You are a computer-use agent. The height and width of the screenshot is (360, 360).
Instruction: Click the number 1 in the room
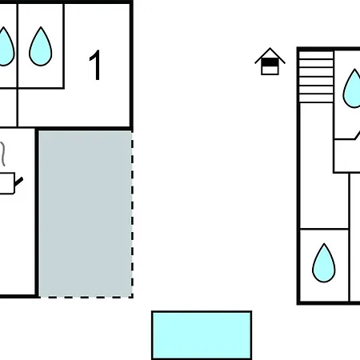(x=95, y=65)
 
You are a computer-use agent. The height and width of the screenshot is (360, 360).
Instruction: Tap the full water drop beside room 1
(x=41, y=46)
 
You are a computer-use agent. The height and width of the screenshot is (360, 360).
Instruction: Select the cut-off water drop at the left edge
(x=6, y=46)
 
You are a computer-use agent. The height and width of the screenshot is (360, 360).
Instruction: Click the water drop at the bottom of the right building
(x=324, y=263)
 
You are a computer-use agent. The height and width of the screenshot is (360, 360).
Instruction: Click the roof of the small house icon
(x=270, y=55)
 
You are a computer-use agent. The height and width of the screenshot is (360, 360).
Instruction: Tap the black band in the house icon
(x=270, y=62)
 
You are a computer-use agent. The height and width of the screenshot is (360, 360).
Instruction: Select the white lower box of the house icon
(x=270, y=70)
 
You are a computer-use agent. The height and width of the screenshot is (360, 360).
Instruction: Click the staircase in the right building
(x=316, y=77)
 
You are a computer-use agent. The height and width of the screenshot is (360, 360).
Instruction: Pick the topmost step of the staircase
(x=316, y=54)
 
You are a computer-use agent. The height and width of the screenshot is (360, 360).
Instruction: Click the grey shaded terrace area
(x=86, y=214)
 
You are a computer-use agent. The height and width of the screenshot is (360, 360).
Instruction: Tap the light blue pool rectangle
(x=202, y=335)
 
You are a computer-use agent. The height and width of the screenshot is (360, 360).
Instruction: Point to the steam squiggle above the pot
(x=2, y=154)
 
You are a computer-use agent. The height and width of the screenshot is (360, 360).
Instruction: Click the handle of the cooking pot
(x=18, y=182)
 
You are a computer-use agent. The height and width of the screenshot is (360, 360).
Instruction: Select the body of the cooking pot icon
(x=7, y=183)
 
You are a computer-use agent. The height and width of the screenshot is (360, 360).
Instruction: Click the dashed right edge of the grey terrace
(x=132, y=214)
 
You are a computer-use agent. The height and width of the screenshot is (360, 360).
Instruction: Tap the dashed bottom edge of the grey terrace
(x=86, y=297)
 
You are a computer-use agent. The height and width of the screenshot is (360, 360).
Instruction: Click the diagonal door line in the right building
(x=357, y=135)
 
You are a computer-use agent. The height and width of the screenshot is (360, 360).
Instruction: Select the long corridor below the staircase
(x=324, y=166)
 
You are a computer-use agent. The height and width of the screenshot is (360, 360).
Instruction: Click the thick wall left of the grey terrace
(x=37, y=213)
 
